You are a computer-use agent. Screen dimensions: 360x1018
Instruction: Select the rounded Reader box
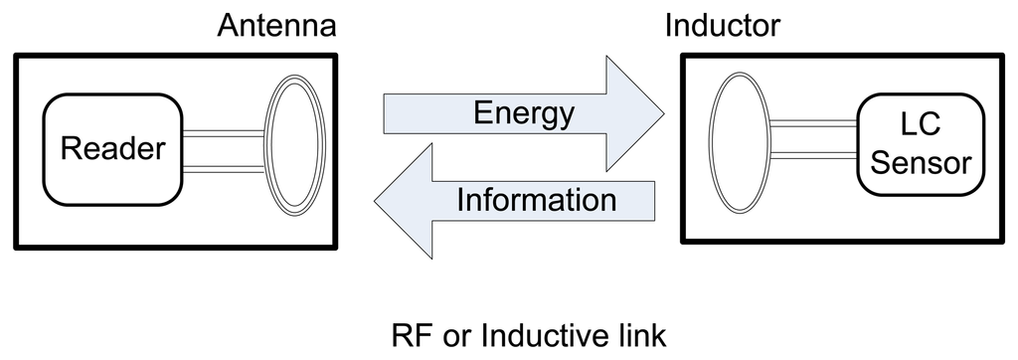pos(111,149)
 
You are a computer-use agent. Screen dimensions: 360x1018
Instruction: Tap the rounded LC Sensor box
pos(914,144)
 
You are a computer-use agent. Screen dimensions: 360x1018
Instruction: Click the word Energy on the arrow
pos(524,113)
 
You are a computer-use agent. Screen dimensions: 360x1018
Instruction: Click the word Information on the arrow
pos(537,199)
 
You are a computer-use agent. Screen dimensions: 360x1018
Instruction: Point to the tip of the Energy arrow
pos(663,112)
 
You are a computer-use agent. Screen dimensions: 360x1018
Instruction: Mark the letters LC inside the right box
pos(914,127)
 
